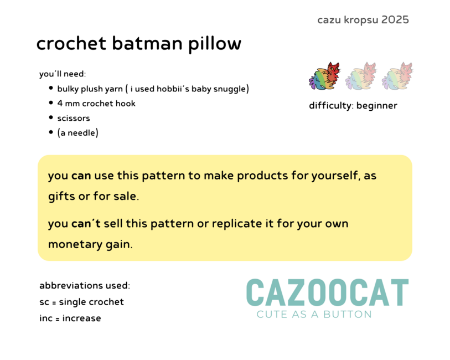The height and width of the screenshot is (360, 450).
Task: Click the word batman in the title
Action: (147, 43)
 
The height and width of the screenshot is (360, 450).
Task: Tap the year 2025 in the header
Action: (395, 20)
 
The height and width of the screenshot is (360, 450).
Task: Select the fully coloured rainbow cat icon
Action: (324, 76)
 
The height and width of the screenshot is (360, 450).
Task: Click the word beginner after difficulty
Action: (377, 106)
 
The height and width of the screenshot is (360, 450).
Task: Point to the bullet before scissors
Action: (51, 117)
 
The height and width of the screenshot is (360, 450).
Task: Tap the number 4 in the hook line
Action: (60, 104)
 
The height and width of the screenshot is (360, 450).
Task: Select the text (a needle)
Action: (78, 132)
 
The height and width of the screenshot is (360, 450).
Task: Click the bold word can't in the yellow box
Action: (86, 223)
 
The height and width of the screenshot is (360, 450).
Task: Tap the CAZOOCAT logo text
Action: (328, 292)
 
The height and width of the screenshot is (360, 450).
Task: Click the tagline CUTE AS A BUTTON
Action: (314, 315)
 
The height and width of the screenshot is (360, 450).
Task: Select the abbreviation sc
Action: (44, 302)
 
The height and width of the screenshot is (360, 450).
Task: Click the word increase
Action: (82, 318)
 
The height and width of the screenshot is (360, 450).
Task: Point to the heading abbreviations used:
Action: (85, 286)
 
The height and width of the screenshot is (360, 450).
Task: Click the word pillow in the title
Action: (215, 44)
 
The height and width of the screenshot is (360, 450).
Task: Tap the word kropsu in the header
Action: (361, 20)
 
